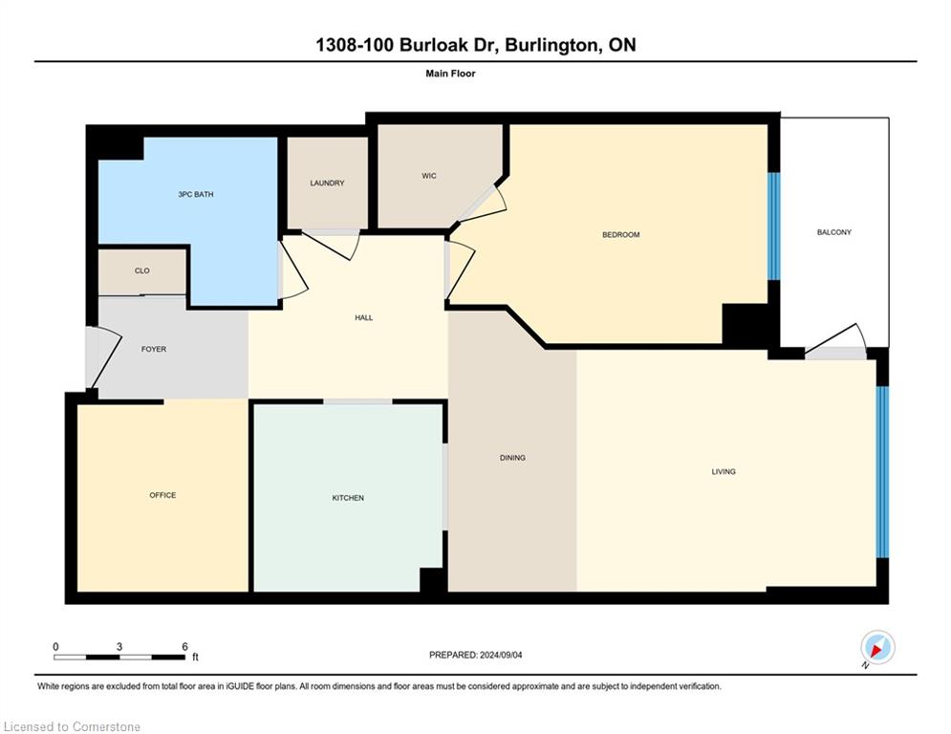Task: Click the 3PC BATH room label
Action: coord(196,195)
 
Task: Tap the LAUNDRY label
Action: coord(327,183)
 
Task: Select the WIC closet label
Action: coord(429,176)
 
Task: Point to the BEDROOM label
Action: coord(620,235)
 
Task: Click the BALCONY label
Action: coord(833,232)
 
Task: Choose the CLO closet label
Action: coord(141,271)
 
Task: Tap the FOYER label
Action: coord(154,350)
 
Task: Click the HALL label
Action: coord(363,318)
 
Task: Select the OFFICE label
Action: coord(162,495)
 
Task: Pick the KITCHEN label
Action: coord(348,498)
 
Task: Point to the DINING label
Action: coord(512,458)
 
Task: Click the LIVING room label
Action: coord(724,471)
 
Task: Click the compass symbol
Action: coord(876,648)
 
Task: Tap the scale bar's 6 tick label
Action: coord(184,646)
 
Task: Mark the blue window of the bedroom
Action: coord(774,226)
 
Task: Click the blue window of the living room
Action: coord(883,471)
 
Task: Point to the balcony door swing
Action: coord(838,339)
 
